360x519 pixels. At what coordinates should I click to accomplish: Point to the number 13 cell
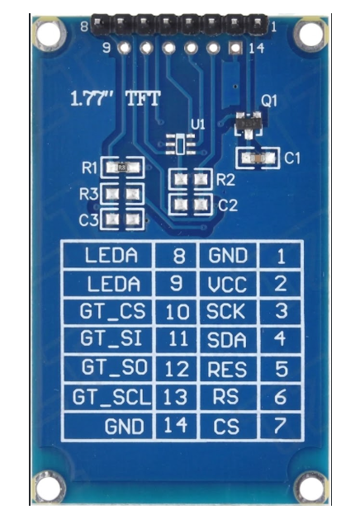click(176, 397)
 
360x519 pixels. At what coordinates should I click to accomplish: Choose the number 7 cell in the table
click(281, 426)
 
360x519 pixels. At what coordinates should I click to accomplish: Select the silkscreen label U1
click(198, 125)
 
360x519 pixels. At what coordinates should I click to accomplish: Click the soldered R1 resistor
click(122, 167)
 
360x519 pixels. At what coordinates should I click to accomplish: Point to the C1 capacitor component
click(258, 158)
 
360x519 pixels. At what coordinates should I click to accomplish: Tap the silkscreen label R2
click(226, 181)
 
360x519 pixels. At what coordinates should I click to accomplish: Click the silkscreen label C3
click(88, 220)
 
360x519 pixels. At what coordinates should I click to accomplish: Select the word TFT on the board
click(144, 99)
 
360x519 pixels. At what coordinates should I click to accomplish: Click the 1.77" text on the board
click(92, 99)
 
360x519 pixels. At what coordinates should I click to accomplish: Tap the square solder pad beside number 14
click(236, 49)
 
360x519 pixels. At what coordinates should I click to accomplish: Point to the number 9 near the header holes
click(107, 49)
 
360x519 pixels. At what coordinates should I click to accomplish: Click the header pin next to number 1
click(257, 24)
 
